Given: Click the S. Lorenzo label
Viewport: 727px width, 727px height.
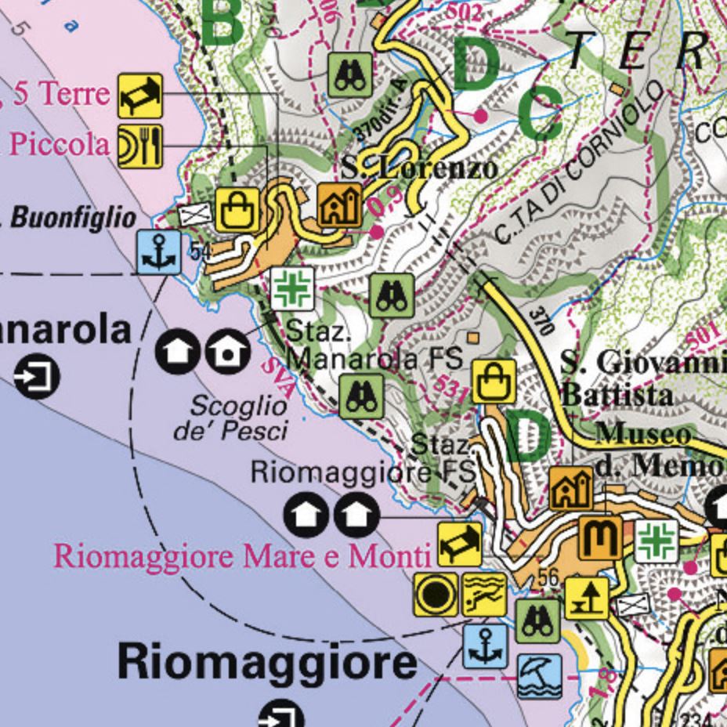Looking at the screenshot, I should point(420,168).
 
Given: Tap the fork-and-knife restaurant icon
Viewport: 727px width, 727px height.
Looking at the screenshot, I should point(140,146).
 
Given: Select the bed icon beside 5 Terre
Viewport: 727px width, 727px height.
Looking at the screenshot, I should point(140,96).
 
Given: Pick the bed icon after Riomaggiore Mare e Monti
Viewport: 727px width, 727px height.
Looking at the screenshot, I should point(459,544).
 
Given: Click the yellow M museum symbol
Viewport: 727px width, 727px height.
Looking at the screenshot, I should point(600,537).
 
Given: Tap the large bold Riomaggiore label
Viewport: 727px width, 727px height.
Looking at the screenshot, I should point(267,663).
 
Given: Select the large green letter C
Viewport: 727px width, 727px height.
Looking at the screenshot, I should point(541,112).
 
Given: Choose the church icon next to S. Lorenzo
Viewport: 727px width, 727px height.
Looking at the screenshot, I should point(340,205).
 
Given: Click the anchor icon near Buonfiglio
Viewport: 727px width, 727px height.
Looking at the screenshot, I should point(159,252).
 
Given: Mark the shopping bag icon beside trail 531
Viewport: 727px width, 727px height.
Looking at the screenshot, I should point(494,382).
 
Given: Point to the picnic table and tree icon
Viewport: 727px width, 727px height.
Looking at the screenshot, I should point(586,598).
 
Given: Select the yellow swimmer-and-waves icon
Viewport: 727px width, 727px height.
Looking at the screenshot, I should point(484,594).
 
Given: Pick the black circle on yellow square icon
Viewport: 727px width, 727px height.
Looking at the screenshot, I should point(436,594).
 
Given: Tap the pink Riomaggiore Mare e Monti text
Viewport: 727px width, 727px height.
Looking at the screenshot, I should point(242,556).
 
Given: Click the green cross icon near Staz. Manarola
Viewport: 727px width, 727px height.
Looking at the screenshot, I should point(293,288).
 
